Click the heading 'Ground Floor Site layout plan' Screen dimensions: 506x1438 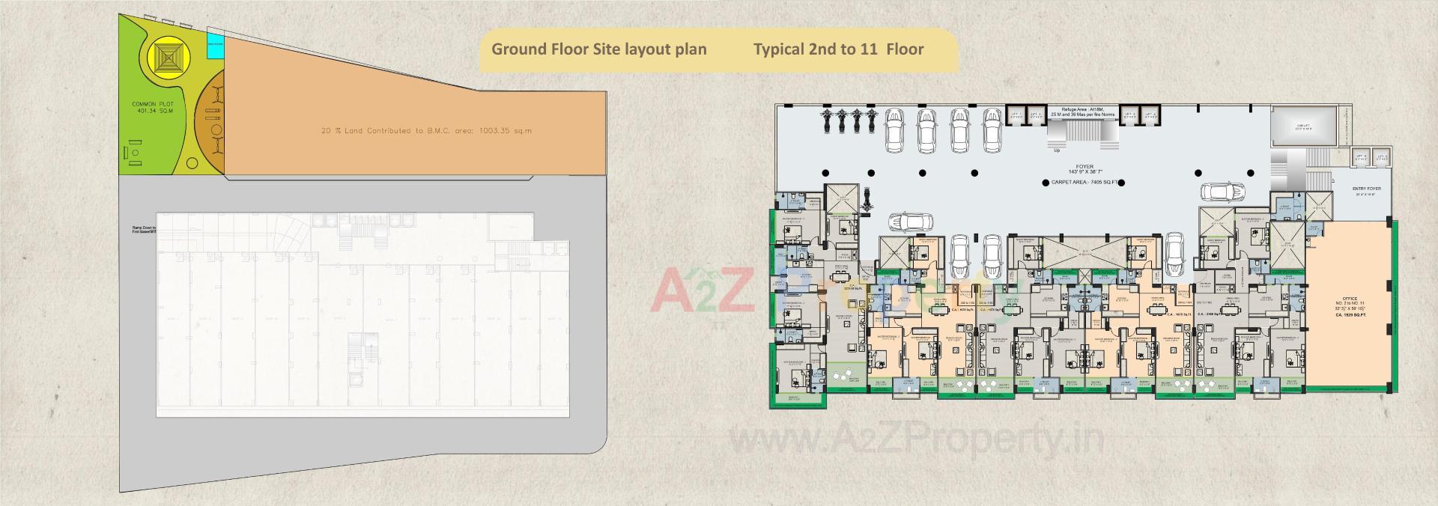click(x=598, y=49)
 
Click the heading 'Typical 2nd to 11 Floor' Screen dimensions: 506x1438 click(x=838, y=49)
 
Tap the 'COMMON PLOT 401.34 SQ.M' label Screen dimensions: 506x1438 click(x=152, y=107)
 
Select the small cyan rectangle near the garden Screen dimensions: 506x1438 click(x=215, y=46)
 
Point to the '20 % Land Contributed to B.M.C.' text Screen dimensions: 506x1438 click(x=426, y=131)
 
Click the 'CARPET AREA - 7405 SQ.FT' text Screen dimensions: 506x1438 click(x=1083, y=182)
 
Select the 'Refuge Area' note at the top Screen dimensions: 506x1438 click(x=1082, y=112)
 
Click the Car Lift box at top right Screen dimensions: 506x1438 click(x=1304, y=126)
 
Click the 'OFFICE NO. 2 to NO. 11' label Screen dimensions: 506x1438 click(x=1350, y=302)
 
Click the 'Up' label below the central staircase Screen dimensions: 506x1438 click(x=1057, y=150)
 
